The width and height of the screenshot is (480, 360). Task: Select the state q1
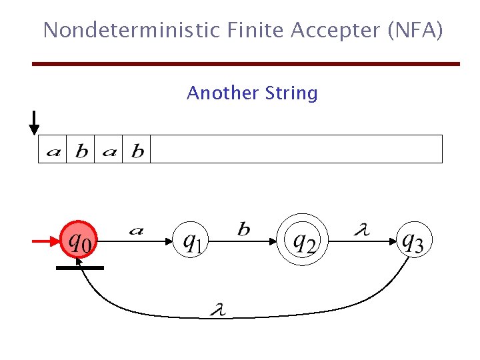(192, 240)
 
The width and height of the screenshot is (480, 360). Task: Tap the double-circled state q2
(304, 240)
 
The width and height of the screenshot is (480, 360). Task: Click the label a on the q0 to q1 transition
(136, 231)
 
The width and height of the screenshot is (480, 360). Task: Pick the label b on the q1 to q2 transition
(244, 230)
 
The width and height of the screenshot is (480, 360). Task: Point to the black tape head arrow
(34, 123)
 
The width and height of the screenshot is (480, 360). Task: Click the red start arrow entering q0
(46, 242)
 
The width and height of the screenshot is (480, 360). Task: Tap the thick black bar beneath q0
(80, 267)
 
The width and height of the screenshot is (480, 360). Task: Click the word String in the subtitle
(291, 93)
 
